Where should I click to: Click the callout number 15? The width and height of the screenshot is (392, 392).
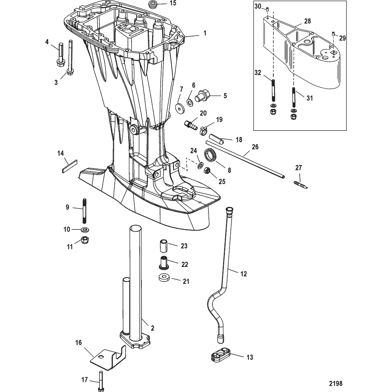pyautogui.click(x=173, y=4)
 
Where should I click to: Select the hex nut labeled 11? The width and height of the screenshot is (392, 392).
pyautogui.click(x=85, y=240)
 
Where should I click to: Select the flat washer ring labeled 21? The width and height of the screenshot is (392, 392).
pyautogui.click(x=164, y=278)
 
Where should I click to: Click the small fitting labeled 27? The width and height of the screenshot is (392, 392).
pyautogui.click(x=300, y=185)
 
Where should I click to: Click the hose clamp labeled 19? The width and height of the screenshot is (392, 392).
pyautogui.click(x=204, y=130)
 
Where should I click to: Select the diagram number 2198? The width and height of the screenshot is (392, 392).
pyautogui.click(x=335, y=383)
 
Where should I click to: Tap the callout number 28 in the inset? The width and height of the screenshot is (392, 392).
pyautogui.click(x=307, y=21)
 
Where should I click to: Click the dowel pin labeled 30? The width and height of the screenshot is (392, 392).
pyautogui.click(x=267, y=10)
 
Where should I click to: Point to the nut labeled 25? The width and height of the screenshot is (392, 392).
pyautogui.click(x=207, y=171)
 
